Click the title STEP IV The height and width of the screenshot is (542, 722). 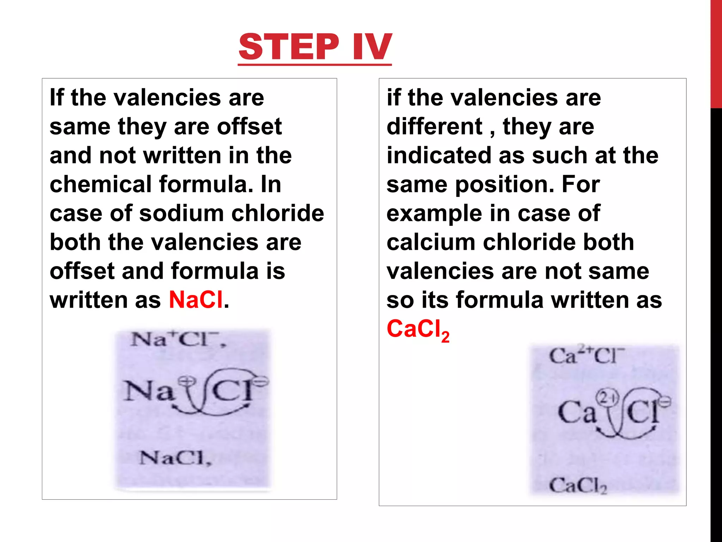point(315,47)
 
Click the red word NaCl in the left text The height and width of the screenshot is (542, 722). point(196,300)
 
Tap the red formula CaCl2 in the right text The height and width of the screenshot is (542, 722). point(418,330)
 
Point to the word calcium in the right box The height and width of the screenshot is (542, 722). point(431,242)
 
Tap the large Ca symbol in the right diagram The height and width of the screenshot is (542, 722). point(576,412)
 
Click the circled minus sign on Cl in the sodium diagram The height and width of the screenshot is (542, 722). point(261,381)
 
